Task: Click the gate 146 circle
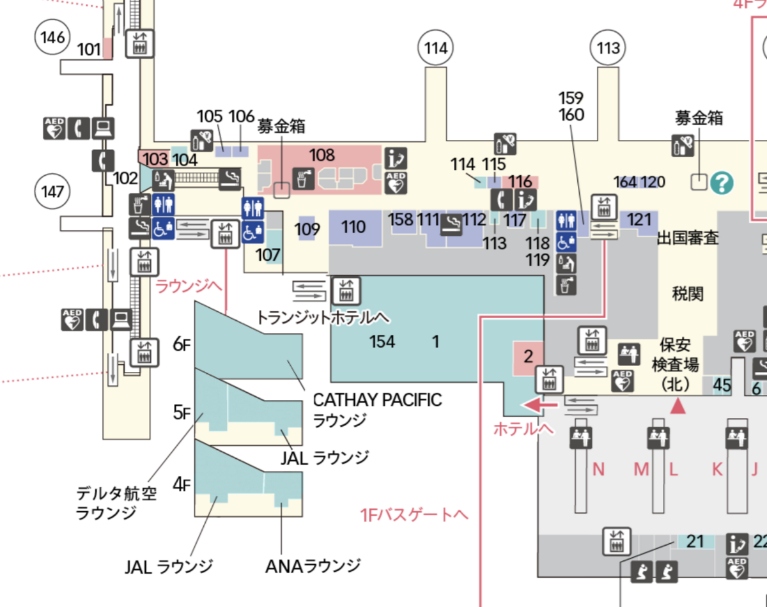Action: pyautogui.click(x=52, y=37)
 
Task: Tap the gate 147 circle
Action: pyautogui.click(x=52, y=192)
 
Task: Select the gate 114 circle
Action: pyautogui.click(x=435, y=48)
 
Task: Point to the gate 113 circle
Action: pyautogui.click(x=608, y=48)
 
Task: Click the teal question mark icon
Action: pyautogui.click(x=722, y=183)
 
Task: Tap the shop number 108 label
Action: pyautogui.click(x=322, y=155)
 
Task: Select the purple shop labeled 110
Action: pyautogui.click(x=355, y=227)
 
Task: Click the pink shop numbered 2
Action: pyautogui.click(x=528, y=358)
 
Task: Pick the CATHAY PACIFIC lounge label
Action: pyautogui.click(x=377, y=410)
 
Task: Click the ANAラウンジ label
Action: pyautogui.click(x=313, y=566)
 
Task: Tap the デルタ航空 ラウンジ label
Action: pyautogui.click(x=116, y=503)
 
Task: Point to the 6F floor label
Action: pyautogui.click(x=182, y=344)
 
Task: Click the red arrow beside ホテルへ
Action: pyautogui.click(x=539, y=405)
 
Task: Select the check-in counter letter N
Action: pyautogui.click(x=598, y=469)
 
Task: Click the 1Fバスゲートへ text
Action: pyautogui.click(x=414, y=516)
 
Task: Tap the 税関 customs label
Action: pyautogui.click(x=688, y=294)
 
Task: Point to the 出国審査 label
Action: pyautogui.click(x=688, y=238)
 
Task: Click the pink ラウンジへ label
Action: pyautogui.click(x=189, y=286)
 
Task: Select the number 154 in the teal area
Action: pyautogui.click(x=382, y=341)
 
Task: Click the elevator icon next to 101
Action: pyautogui.click(x=140, y=43)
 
